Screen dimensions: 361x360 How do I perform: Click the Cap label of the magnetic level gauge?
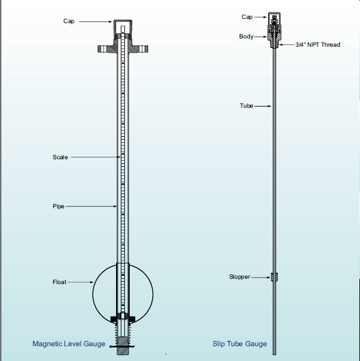point(69,21)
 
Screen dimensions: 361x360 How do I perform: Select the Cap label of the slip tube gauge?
point(247,17)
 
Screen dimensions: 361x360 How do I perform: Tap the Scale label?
point(60,157)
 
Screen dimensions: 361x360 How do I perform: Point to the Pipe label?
point(58,206)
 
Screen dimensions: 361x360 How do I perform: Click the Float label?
point(60,282)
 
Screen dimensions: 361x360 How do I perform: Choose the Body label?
point(246,37)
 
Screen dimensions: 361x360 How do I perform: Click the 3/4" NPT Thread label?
point(318,45)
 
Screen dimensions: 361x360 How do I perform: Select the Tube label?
point(246,106)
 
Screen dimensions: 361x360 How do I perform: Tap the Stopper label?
point(240,276)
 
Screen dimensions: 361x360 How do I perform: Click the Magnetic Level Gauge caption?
point(69,344)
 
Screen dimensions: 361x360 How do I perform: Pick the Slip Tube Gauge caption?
point(240,344)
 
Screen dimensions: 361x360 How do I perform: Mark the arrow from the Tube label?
point(262,106)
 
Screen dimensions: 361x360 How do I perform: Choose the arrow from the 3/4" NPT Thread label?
point(287,45)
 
